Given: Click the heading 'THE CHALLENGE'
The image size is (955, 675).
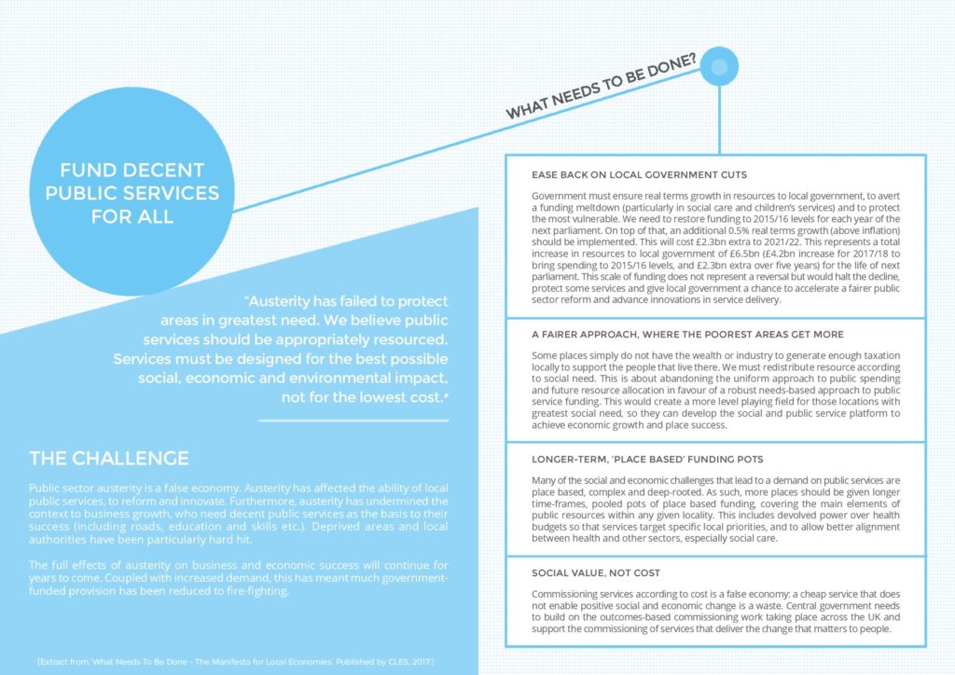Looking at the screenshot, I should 109,458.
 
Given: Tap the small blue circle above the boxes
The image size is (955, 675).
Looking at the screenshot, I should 719,66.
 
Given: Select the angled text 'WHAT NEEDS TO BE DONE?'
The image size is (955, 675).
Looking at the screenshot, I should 601,87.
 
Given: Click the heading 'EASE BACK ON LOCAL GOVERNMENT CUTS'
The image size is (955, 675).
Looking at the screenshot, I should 639,175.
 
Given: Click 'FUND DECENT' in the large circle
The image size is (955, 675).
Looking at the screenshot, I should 132,171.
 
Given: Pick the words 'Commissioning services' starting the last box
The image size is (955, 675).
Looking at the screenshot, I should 575,594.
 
